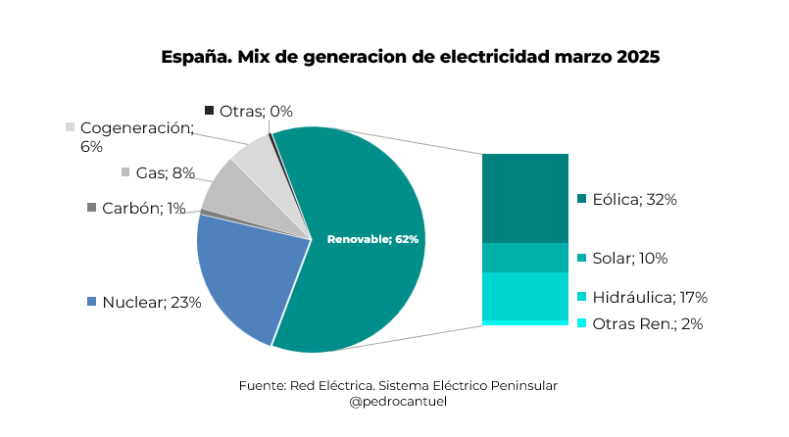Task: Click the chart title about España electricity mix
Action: point(411,57)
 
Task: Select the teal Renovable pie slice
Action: point(363,196)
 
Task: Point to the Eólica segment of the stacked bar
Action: point(524,198)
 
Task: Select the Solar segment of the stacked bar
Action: point(524,258)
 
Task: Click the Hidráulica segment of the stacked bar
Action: point(524,296)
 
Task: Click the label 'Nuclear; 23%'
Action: point(151,302)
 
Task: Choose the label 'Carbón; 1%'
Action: point(143,208)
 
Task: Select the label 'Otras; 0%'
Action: point(256,111)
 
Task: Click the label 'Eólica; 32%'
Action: point(634,199)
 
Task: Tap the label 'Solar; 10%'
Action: point(629,259)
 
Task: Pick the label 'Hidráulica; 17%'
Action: point(649,297)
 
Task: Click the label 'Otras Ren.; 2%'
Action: point(647,323)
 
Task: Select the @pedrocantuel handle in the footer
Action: point(398,402)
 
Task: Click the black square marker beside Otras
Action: point(209,110)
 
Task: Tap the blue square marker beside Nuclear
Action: point(92,301)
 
